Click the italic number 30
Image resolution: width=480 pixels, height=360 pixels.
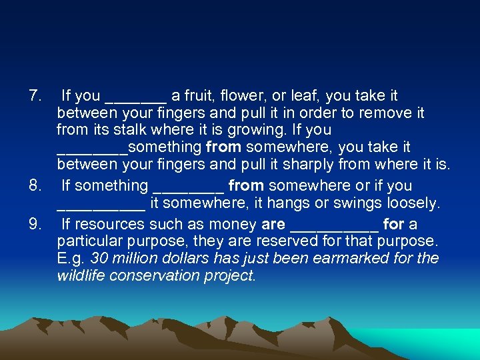coord(99,258)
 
